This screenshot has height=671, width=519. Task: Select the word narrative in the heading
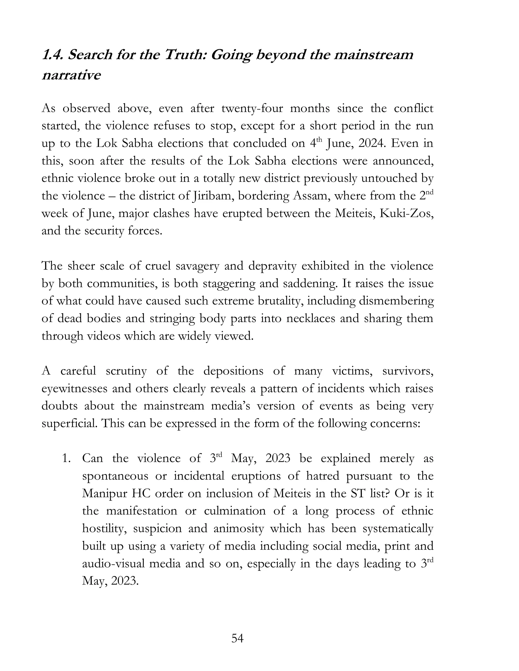click(x=71, y=75)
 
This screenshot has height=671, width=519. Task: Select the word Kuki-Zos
click(x=406, y=213)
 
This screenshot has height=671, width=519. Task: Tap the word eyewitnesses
click(x=74, y=388)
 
